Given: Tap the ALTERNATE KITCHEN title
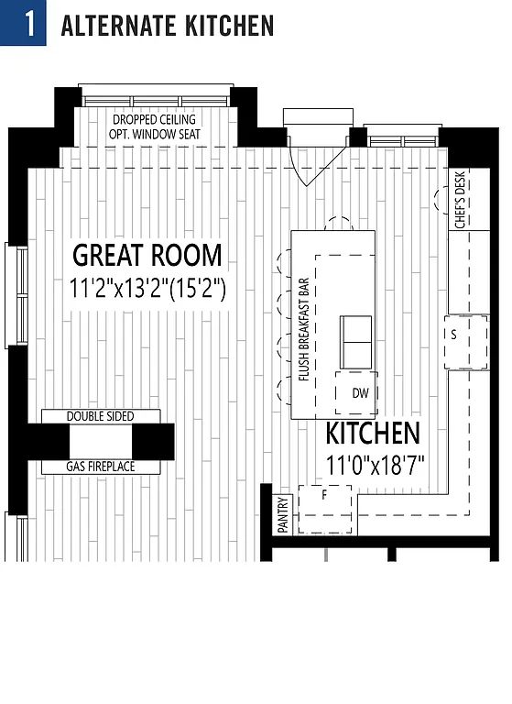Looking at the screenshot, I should [167, 25].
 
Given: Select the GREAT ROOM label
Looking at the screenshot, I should [147, 255].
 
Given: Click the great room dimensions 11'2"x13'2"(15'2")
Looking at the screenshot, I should [147, 288].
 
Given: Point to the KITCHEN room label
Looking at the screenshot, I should [373, 434].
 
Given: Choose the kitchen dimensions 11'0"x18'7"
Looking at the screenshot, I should [375, 464].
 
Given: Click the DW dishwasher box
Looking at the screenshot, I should [360, 392].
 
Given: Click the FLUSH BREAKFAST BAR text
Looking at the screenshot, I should [303, 327].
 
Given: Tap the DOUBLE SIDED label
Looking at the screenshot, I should [100, 416].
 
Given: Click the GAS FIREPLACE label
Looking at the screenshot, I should [100, 467].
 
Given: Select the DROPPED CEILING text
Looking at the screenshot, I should [154, 120].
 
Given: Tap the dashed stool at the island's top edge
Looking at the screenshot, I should [339, 223].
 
